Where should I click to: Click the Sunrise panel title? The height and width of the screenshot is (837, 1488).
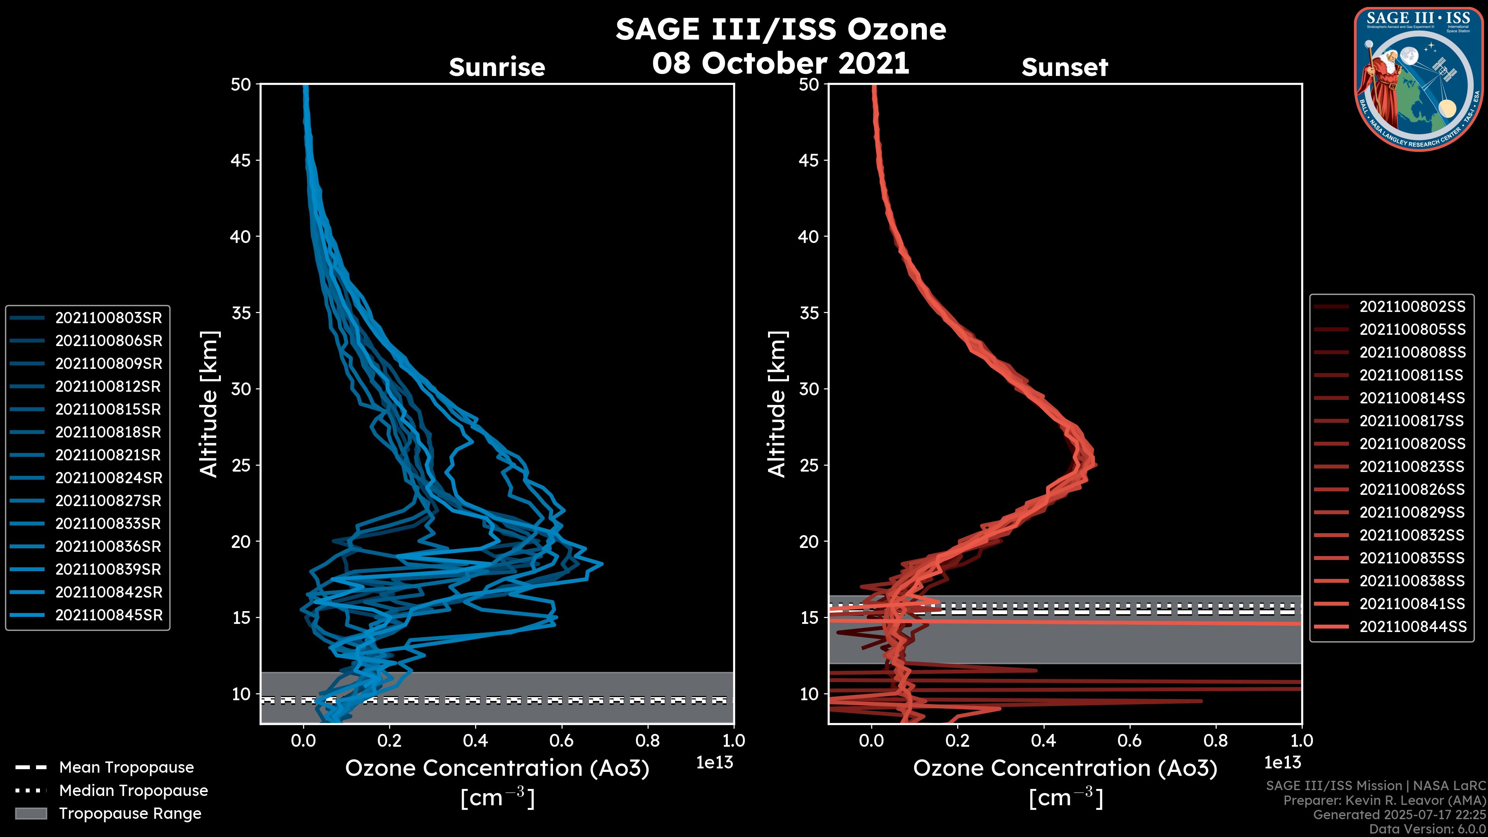coord(497,67)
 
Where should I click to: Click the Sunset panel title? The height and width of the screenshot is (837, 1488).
coord(1064,67)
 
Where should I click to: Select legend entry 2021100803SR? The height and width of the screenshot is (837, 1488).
coord(108,318)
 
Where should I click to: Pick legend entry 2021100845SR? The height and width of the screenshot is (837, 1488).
coord(108,615)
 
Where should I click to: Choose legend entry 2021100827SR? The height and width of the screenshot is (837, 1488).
coord(108,501)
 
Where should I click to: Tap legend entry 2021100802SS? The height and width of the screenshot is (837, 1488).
coord(1412,307)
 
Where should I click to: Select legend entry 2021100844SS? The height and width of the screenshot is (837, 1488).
coord(1412,627)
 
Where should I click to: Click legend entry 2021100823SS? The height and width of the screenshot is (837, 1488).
coord(1412,467)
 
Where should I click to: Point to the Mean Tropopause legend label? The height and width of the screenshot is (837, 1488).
coord(126,768)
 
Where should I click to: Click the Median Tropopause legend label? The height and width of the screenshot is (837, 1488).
coord(133,791)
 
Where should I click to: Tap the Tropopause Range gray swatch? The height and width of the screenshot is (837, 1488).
coord(31,814)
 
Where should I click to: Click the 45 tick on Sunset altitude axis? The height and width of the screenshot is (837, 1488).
coord(809,160)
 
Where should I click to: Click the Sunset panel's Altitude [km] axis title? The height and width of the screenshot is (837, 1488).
coord(777,404)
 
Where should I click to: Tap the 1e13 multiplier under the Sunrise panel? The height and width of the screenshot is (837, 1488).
coord(715,763)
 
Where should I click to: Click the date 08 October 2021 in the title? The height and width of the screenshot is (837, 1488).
coord(780,64)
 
